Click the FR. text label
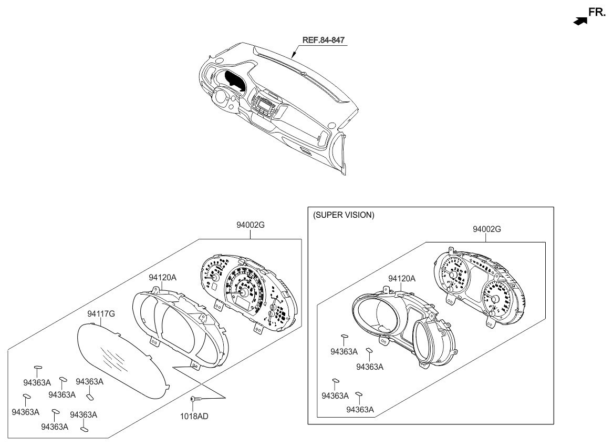coord(598,12)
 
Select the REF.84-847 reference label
coord(324,40)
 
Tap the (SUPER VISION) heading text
coord(344,216)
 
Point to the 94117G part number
coord(101,314)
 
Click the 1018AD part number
coord(194,416)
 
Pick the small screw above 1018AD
coord(194,400)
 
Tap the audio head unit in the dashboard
coord(264,105)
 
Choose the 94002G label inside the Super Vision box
coord(486,229)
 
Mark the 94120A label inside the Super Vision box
coord(402,278)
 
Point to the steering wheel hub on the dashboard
coord(221,98)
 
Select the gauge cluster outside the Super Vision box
coord(250,292)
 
